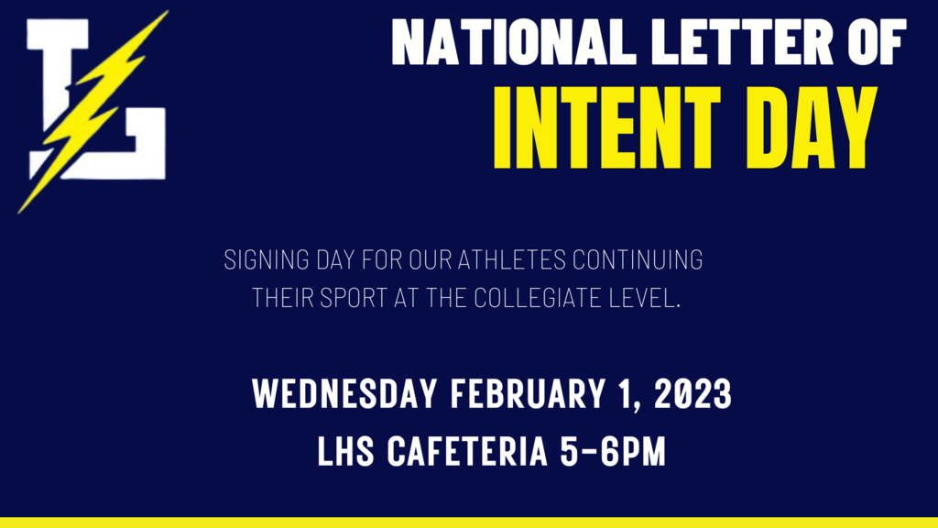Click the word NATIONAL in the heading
coord(514,41)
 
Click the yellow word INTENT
coord(606,128)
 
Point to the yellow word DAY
coord(812,128)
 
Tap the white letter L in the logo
coord(95,99)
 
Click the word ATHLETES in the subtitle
coord(511,259)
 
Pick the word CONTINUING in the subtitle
coord(638,259)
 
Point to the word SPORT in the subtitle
coord(354,298)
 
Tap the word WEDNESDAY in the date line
coord(344,394)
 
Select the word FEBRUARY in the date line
coord(527,394)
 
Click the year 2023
coord(693,394)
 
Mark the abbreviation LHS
coord(345,451)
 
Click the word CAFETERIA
coord(467,451)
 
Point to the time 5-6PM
coord(613,451)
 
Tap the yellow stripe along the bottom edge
coord(469,522)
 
